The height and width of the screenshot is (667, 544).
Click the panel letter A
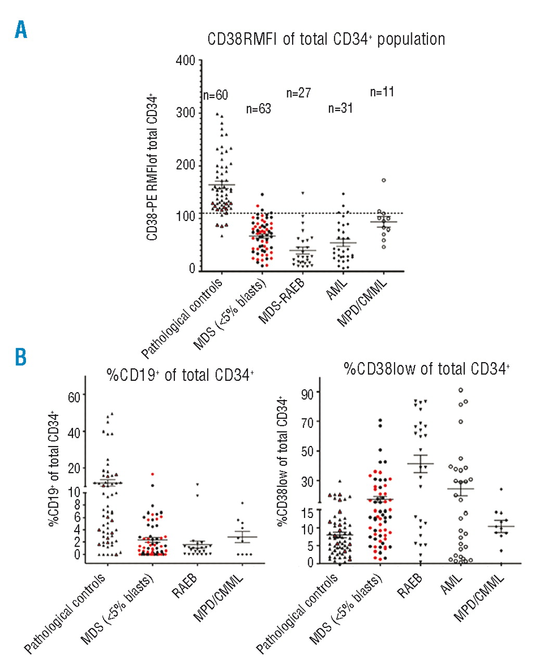[x=21, y=30]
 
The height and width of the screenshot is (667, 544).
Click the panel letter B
[x=20, y=358]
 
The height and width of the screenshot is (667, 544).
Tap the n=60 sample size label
[x=216, y=95]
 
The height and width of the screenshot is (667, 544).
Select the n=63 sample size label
[x=259, y=109]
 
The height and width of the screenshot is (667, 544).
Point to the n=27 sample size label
[x=299, y=93]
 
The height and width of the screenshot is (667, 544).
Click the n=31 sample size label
[x=340, y=108]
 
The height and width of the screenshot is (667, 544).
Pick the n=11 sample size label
[x=382, y=92]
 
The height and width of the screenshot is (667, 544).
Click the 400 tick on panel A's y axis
[x=185, y=61]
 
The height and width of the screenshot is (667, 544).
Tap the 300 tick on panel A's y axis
[x=185, y=113]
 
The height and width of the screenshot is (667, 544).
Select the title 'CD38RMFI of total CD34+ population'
[x=326, y=40]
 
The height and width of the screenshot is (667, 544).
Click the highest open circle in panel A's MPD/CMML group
[x=384, y=180]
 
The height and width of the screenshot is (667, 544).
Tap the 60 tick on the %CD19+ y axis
[x=74, y=397]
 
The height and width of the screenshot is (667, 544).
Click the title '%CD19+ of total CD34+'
[x=180, y=375]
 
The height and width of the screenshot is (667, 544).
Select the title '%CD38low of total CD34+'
[x=426, y=369]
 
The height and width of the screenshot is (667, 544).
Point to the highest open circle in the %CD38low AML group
[x=461, y=390]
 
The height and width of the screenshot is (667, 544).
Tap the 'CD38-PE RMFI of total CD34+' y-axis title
[x=152, y=168]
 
